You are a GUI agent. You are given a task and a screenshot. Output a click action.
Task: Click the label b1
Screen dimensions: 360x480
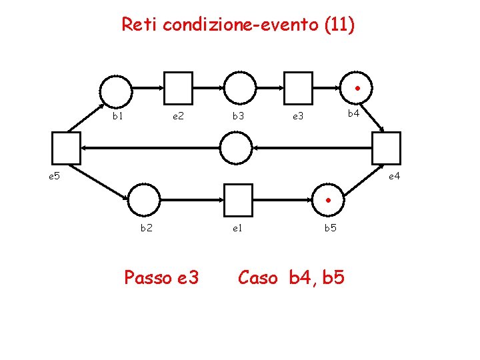tap(118, 116)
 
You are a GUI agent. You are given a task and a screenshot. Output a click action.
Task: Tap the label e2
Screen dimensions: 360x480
tap(178, 116)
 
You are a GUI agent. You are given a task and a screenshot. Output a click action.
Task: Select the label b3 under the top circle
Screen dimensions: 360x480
tap(238, 116)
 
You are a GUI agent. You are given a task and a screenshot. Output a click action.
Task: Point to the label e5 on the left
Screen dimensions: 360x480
tap(54, 177)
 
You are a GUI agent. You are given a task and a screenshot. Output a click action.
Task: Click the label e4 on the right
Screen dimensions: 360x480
tap(395, 177)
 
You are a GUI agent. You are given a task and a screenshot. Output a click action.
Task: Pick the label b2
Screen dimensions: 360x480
tap(145, 228)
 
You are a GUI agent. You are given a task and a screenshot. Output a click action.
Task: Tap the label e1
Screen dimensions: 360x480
tap(237, 228)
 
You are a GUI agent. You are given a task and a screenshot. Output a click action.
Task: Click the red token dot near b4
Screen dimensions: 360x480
tap(357, 88)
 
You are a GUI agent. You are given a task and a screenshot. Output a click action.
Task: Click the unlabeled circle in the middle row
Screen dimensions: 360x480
tap(237, 148)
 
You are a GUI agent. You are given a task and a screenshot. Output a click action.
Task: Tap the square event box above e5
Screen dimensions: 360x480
tap(66, 148)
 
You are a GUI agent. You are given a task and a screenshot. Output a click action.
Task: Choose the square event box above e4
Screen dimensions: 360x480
tap(387, 148)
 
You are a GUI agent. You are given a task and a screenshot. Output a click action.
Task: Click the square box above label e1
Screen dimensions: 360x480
tap(239, 199)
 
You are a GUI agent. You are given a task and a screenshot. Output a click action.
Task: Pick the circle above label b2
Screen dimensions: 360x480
tap(144, 199)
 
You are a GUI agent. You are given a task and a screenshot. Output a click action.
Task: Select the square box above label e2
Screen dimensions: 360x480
tap(178, 88)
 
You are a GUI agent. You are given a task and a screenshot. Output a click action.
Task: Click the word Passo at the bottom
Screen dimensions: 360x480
tap(146, 277)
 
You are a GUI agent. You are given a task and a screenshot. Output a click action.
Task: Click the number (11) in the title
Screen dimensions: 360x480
tap(340, 25)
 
